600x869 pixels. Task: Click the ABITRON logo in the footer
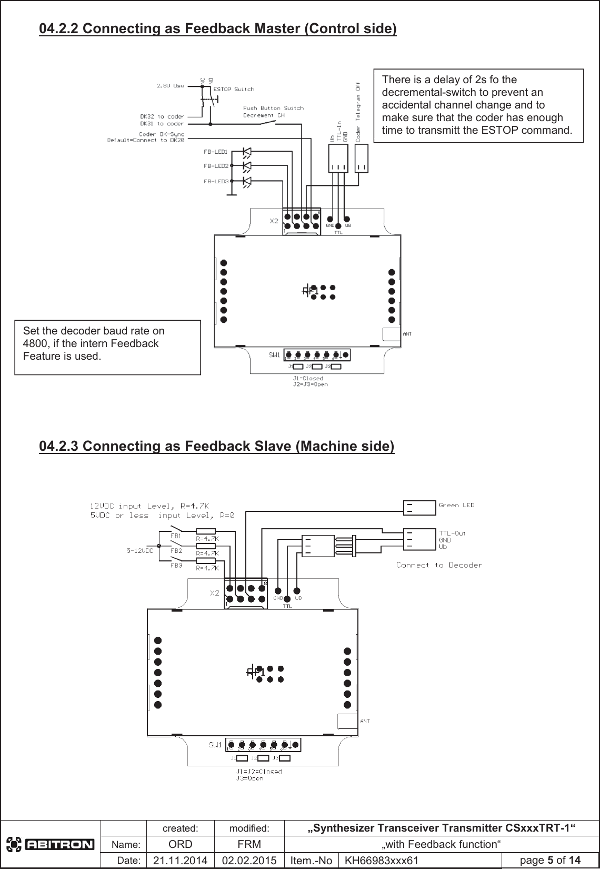pyautogui.click(x=50, y=845)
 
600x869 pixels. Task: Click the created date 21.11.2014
pyautogui.click(x=181, y=860)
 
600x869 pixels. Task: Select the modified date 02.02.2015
pyautogui.click(x=249, y=860)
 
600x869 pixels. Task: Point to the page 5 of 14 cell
pyautogui.click(x=550, y=860)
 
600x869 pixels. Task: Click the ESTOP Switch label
pyautogui.click(x=233, y=89)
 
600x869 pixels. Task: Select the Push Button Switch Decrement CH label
pyautogui.click(x=273, y=112)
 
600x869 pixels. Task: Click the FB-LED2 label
pyautogui.click(x=215, y=166)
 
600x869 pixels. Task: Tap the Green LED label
pyautogui.click(x=456, y=505)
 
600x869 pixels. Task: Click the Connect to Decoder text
pyautogui.click(x=438, y=565)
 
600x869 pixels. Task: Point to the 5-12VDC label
pyautogui.click(x=139, y=551)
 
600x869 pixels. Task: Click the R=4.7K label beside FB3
pyautogui.click(x=207, y=568)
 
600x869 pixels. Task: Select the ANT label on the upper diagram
pyautogui.click(x=407, y=333)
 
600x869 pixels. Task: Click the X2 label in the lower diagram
pyautogui.click(x=215, y=593)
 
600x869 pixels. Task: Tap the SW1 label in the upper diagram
pyautogui.click(x=274, y=355)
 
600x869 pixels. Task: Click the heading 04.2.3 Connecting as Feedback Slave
pyautogui.click(x=216, y=446)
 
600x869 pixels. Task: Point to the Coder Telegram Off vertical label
pyautogui.click(x=358, y=112)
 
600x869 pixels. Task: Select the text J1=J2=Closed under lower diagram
pyautogui.click(x=258, y=772)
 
